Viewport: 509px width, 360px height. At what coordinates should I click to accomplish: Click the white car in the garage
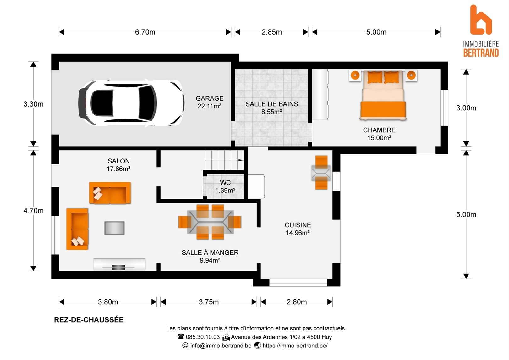[131, 103]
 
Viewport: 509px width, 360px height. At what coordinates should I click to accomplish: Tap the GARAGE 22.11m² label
[210, 102]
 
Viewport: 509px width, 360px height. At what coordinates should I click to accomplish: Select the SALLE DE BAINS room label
[271, 108]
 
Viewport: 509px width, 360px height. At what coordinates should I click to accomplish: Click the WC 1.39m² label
[225, 186]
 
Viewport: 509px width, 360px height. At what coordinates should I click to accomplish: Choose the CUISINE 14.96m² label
[298, 229]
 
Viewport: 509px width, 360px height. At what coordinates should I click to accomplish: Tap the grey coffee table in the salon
[114, 228]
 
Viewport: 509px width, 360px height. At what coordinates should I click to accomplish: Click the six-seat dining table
[210, 222]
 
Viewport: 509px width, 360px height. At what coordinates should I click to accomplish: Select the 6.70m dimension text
[145, 32]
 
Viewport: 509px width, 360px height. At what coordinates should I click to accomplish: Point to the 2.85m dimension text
[271, 32]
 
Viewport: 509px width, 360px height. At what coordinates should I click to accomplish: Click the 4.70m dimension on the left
[33, 211]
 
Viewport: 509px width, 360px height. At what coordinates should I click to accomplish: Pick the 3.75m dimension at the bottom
[209, 302]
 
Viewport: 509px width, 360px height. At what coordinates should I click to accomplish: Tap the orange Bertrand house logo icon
[481, 20]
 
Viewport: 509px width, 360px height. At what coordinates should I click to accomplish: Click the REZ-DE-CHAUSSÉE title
[89, 320]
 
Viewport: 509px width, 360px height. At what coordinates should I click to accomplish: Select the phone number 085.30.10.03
[203, 337]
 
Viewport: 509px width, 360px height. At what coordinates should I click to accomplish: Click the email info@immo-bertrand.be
[221, 346]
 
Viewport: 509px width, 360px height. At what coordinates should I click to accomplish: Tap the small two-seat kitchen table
[321, 173]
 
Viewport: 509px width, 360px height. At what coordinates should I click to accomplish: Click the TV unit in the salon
[119, 264]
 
